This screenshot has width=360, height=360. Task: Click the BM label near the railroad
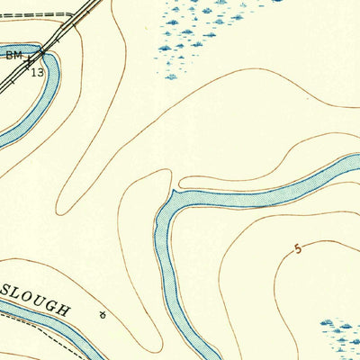coord(13,55)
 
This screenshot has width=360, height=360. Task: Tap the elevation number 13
coord(36,71)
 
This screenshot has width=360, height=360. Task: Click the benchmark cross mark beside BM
coord(29,61)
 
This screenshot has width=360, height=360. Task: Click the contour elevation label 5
coord(298,248)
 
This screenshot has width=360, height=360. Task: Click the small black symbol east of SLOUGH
coord(103,314)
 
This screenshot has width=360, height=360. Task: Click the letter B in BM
coord(9,55)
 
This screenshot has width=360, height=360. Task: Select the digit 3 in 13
coord(40,71)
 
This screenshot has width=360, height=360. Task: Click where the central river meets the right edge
coord(356,163)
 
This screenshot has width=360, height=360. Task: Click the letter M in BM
coord(18,55)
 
